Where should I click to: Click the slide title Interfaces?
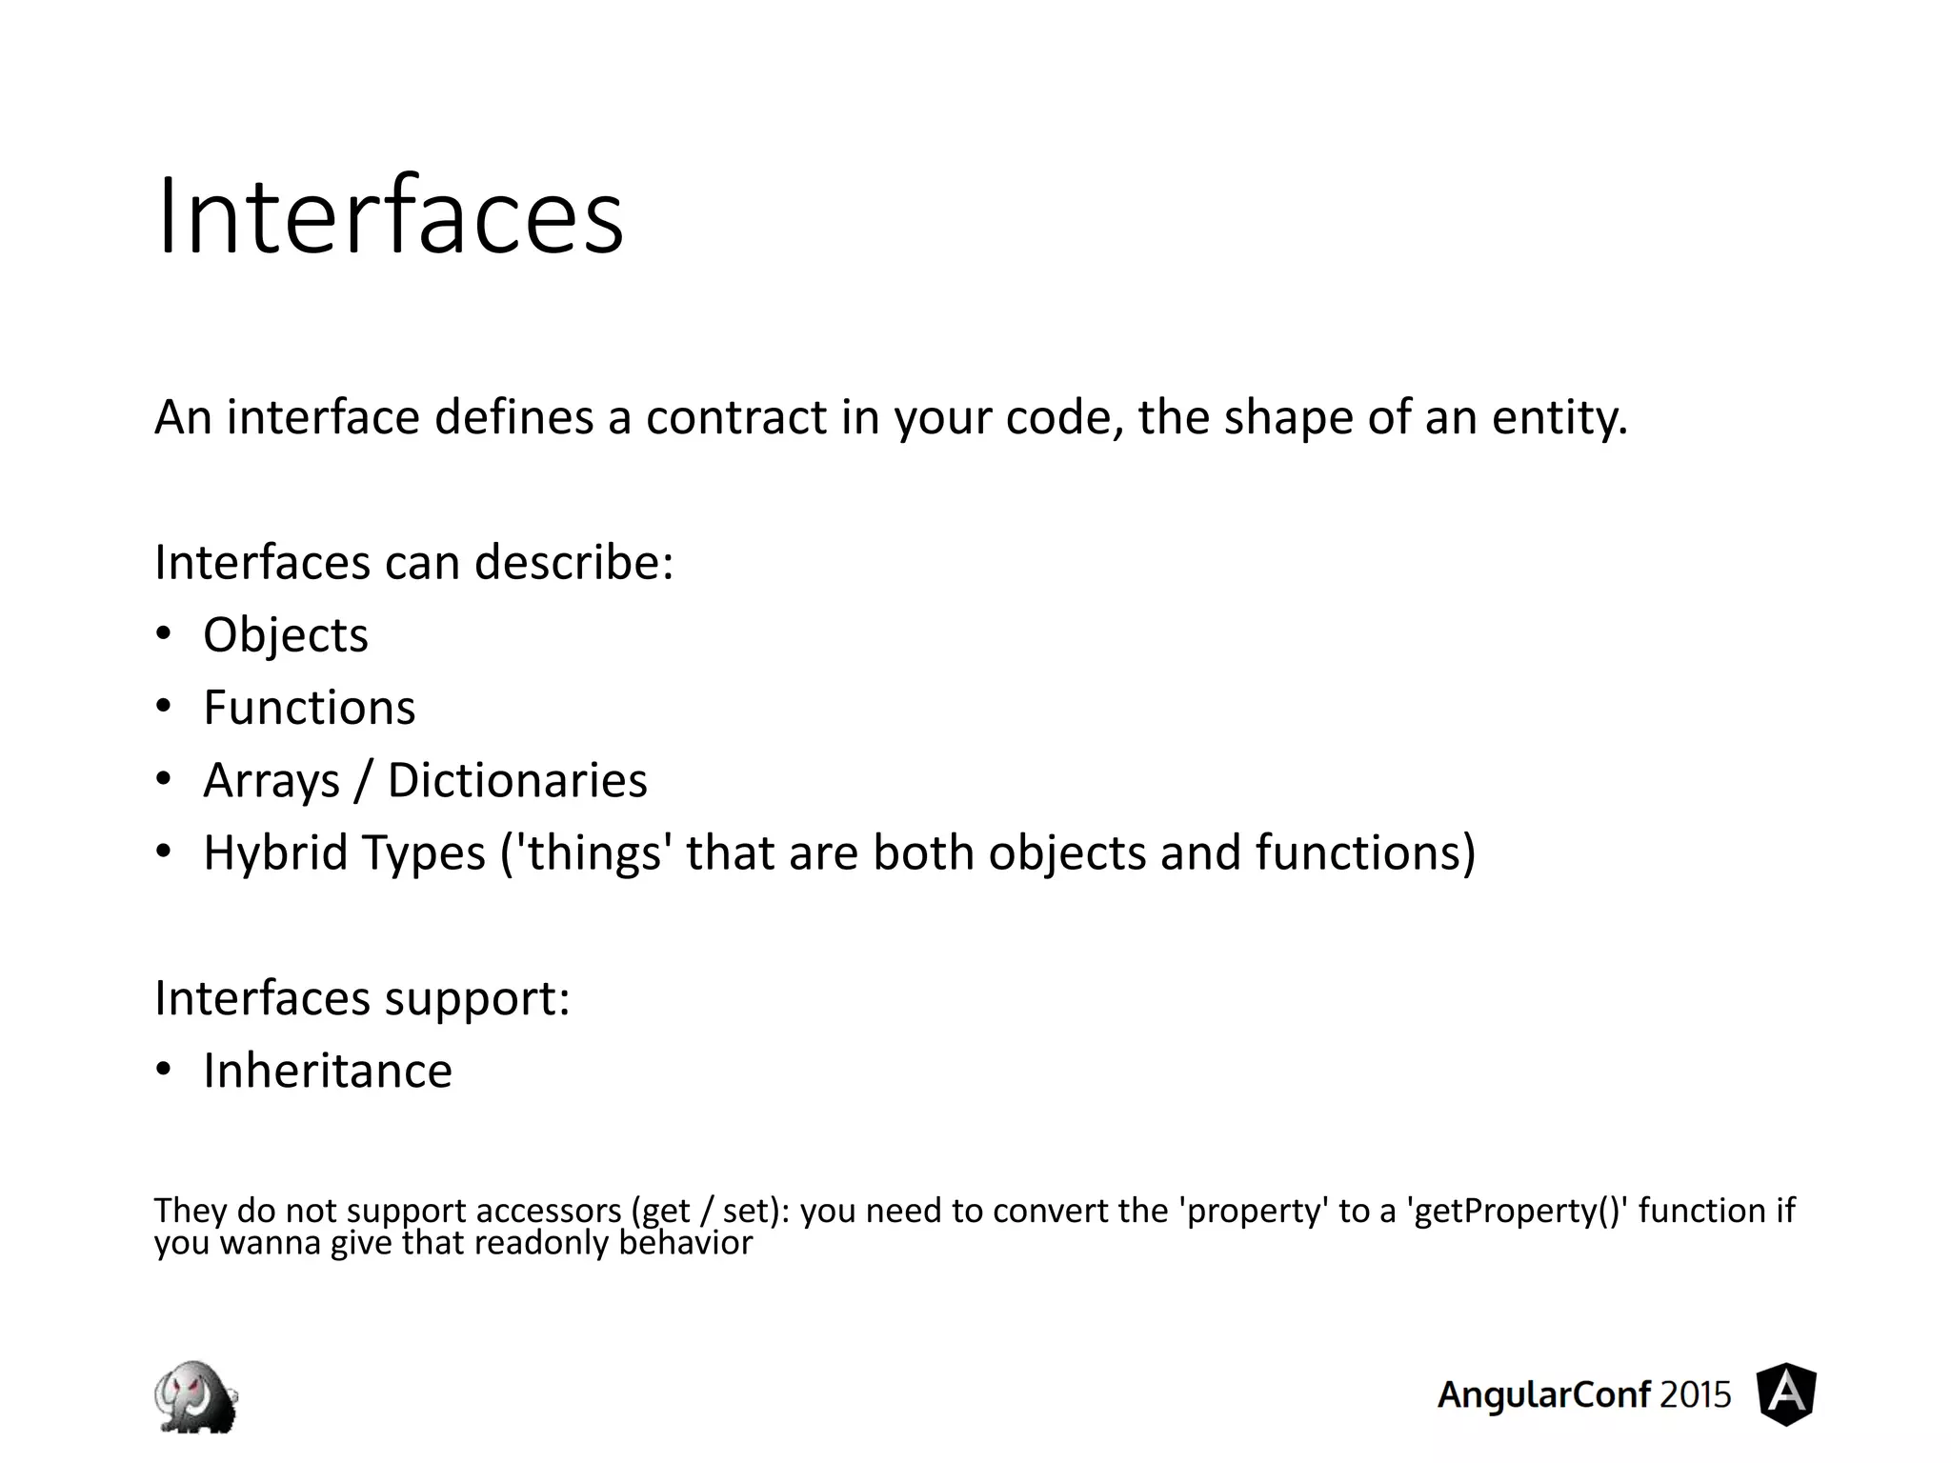[x=390, y=217]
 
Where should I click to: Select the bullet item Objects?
[x=285, y=635]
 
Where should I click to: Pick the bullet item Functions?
[x=309, y=708]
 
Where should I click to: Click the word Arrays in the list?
[x=272, y=781]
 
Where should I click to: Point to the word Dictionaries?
[x=517, y=780]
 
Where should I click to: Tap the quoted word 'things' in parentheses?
[x=593, y=852]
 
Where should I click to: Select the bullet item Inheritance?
[x=327, y=1071]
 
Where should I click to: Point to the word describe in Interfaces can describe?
[x=573, y=562]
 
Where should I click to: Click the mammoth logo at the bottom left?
[x=196, y=1396]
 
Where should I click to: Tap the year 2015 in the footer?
[x=1695, y=1395]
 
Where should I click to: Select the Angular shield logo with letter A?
[x=1786, y=1394]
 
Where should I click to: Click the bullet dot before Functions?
[x=164, y=707]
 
